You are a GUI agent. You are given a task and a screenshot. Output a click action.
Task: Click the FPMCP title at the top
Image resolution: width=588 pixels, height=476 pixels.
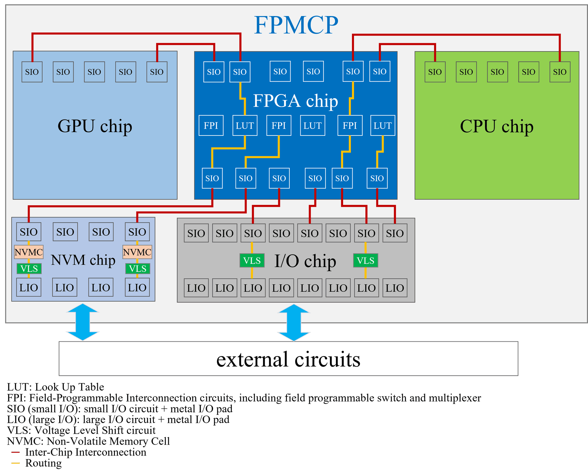(296, 25)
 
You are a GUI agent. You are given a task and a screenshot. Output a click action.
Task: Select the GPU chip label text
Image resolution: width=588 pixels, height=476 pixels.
(95, 126)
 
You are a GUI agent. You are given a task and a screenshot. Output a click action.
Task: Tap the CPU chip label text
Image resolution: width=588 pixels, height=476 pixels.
(496, 126)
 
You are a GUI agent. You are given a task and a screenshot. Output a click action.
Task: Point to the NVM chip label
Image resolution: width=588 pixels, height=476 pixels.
(83, 260)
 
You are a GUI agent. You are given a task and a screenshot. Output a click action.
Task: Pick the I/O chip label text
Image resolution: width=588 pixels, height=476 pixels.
(305, 261)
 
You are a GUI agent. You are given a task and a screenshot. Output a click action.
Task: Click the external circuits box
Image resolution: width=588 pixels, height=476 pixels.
(288, 359)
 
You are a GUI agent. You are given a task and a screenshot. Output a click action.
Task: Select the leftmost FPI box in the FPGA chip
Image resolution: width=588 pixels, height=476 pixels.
(211, 125)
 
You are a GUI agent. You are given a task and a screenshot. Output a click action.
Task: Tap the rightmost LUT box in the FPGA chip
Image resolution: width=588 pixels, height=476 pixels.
(383, 125)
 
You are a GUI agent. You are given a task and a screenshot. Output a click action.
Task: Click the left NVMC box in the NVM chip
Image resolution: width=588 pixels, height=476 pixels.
(29, 252)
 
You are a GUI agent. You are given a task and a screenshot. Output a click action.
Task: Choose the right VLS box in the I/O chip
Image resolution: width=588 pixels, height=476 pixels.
(365, 261)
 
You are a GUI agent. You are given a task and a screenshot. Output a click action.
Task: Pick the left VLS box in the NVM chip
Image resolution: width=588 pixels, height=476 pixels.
(29, 269)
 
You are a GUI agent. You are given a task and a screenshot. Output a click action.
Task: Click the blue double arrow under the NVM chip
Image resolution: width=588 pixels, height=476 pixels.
(83, 322)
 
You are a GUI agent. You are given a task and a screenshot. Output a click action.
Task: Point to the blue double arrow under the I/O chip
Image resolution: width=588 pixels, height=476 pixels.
(294, 323)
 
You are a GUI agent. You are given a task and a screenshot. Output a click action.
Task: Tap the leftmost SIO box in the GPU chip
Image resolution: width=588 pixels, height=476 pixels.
(32, 72)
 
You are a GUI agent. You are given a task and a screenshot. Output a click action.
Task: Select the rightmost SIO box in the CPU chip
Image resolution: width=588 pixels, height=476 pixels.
(560, 72)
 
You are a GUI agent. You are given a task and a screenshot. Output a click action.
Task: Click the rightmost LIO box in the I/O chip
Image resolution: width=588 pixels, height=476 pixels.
(395, 288)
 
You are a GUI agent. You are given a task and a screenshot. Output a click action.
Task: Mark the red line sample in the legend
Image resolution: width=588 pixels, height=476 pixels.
(16, 452)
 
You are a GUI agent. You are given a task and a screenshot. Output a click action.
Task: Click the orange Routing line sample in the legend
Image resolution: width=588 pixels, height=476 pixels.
(16, 463)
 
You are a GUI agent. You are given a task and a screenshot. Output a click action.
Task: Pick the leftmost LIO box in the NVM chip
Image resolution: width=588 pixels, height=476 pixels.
(29, 287)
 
